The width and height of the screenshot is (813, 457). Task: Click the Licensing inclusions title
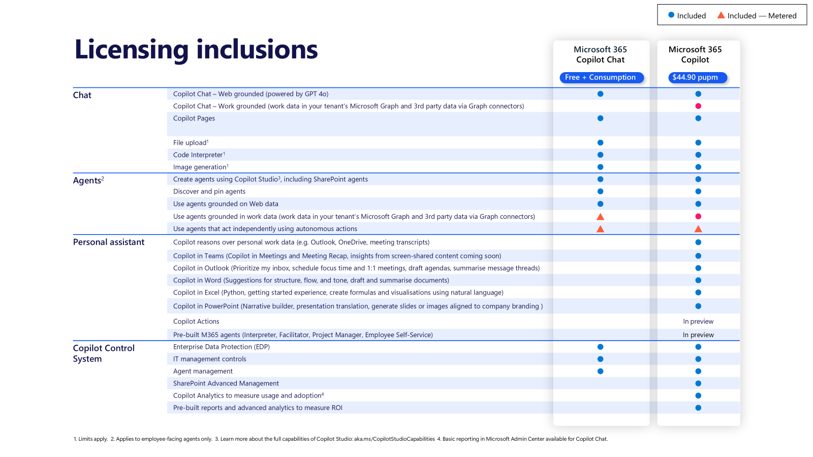click(196, 50)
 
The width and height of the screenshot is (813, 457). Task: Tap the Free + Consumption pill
click(601, 77)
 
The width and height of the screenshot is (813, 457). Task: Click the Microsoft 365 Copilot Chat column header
click(600, 54)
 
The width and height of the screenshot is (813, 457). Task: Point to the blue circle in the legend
click(671, 15)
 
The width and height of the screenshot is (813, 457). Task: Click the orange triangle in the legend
click(721, 15)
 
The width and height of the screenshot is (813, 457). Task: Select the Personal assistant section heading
click(108, 242)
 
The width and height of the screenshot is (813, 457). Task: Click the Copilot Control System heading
click(103, 353)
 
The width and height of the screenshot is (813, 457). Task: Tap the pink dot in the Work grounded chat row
click(698, 106)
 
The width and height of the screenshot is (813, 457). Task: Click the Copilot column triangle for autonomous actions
click(698, 229)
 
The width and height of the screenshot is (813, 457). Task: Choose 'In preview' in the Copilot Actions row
click(698, 321)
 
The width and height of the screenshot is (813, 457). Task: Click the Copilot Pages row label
click(194, 118)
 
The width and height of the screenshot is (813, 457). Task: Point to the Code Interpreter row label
click(199, 155)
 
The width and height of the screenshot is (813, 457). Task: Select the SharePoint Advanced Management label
click(226, 383)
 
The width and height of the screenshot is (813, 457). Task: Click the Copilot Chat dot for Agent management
click(600, 371)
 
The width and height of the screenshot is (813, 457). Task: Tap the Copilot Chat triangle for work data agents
click(600, 217)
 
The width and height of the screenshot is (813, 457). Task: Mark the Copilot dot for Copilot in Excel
click(698, 292)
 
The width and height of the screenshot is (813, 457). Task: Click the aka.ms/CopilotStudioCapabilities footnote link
click(394, 439)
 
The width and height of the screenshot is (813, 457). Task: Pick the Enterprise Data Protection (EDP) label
click(221, 347)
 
